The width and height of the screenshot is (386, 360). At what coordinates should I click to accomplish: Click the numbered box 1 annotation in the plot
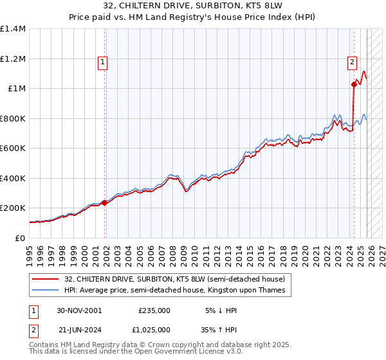pyautogui.click(x=103, y=62)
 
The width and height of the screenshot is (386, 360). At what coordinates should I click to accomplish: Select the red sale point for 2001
pyautogui.click(x=104, y=203)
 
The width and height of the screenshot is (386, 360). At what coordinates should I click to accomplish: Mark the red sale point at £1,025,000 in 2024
pyautogui.click(x=354, y=84)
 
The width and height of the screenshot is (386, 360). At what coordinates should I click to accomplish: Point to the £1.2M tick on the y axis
pyautogui.click(x=13, y=59)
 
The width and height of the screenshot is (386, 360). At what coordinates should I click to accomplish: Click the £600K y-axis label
pyautogui.click(x=13, y=148)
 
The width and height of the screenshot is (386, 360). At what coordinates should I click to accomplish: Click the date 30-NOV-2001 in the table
pyautogui.click(x=79, y=310)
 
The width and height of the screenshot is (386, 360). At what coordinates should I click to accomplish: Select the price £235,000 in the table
pyautogui.click(x=154, y=310)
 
